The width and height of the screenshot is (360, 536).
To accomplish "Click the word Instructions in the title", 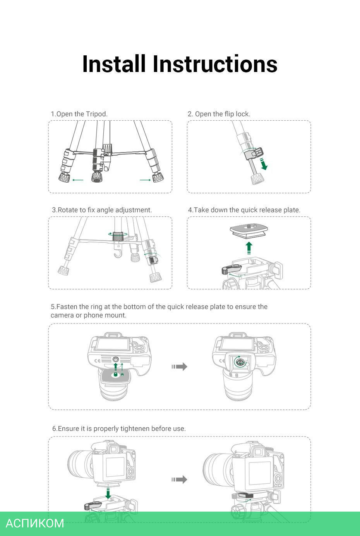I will pyautogui.click(x=215, y=64).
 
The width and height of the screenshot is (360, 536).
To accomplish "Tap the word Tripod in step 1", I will pyautogui.click(x=96, y=114).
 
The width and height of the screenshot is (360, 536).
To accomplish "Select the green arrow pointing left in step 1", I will pyautogui.click(x=78, y=180).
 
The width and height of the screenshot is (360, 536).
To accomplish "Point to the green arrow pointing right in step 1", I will pyautogui.click(x=145, y=180).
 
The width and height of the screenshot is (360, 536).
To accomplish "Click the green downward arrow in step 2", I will pyautogui.click(x=264, y=163).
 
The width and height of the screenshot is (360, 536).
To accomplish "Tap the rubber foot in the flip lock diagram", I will pyautogui.click(x=257, y=179).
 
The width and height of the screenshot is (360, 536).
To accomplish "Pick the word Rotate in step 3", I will pyautogui.click(x=67, y=210).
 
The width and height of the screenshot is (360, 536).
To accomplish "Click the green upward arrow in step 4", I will pyautogui.click(x=249, y=248).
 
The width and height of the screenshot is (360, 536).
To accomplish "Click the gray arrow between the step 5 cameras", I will pyautogui.click(x=179, y=366).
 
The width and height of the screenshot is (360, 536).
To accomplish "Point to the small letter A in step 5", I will pyautogui.click(x=122, y=375).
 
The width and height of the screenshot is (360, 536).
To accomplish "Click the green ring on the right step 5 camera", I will pyautogui.click(x=240, y=362).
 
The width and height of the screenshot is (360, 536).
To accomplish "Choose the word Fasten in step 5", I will pyautogui.click(x=67, y=307).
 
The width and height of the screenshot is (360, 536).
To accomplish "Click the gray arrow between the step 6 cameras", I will pyautogui.click(x=179, y=479).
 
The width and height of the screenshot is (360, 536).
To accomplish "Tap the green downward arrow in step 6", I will pyautogui.click(x=108, y=493).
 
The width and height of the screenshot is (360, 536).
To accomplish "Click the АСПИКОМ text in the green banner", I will pyautogui.click(x=35, y=523).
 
